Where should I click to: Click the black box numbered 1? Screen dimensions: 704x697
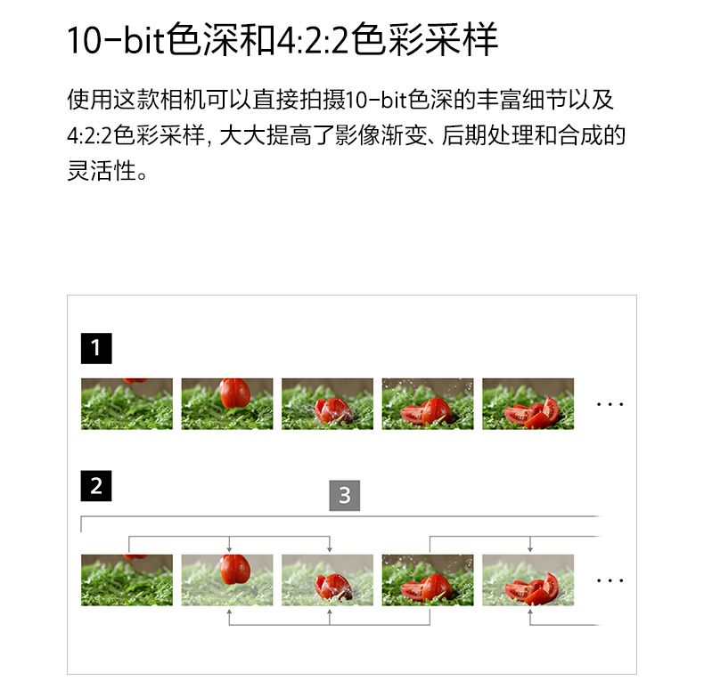pyautogui.click(x=96, y=348)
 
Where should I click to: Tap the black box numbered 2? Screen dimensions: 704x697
pyautogui.click(x=96, y=486)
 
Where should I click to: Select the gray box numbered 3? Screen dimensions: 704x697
pyautogui.click(x=345, y=496)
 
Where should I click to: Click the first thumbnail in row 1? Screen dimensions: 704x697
pyautogui.click(x=127, y=403)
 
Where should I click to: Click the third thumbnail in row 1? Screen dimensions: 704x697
pyautogui.click(x=327, y=403)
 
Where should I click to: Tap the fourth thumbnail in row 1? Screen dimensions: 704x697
pyautogui.click(x=428, y=403)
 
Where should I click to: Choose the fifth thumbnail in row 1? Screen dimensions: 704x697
pyautogui.click(x=528, y=403)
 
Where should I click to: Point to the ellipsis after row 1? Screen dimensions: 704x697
pyautogui.click(x=610, y=404)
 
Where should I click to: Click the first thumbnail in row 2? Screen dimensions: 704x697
pyautogui.click(x=127, y=579)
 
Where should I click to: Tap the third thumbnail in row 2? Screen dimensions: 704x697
pyautogui.click(x=327, y=579)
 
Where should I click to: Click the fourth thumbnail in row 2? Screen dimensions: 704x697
pyautogui.click(x=428, y=579)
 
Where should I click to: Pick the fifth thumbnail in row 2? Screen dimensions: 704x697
pyautogui.click(x=528, y=579)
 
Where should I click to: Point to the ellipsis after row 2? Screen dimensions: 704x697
pyautogui.click(x=610, y=580)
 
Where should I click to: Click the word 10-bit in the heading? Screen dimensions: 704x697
pyautogui.click(x=116, y=40)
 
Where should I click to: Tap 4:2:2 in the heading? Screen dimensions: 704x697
pyautogui.click(x=312, y=40)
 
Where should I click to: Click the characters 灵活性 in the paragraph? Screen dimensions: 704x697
pyautogui.click(x=102, y=171)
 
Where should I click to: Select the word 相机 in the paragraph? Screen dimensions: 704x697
pyautogui.click(x=184, y=100)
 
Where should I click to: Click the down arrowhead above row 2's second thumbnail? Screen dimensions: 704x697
pyautogui.click(x=229, y=549)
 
